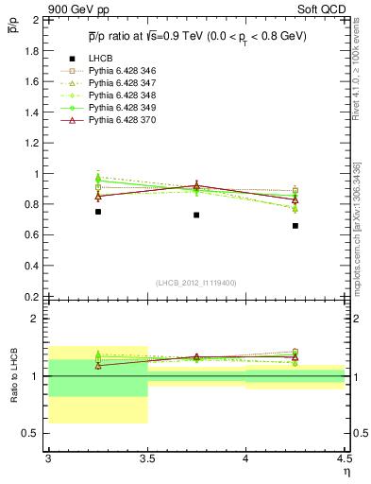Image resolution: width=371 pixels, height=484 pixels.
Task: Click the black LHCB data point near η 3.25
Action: pyautogui.click(x=98, y=212)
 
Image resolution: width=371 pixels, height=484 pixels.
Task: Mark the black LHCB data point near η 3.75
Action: pyautogui.click(x=196, y=216)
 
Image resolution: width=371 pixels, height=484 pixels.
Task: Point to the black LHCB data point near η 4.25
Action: pyautogui.click(x=295, y=226)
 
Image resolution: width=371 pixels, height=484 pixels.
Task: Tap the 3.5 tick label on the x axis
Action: pyautogui.click(x=147, y=458)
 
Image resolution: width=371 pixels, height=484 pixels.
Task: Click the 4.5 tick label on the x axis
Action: pyautogui.click(x=344, y=458)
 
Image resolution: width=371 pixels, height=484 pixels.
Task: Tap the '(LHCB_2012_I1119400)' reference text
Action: pyautogui.click(x=196, y=283)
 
